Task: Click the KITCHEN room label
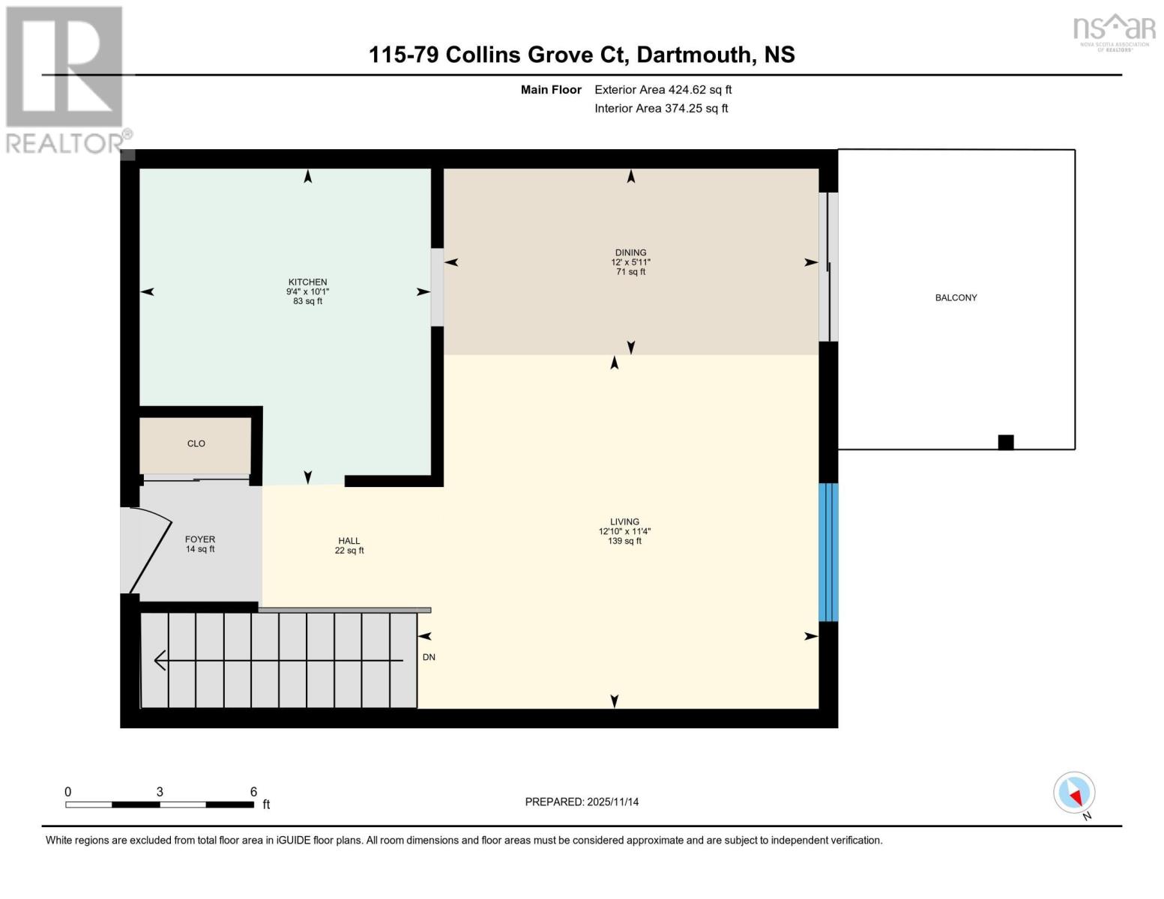coord(307,282)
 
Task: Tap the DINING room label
coord(630,253)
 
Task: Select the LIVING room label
coord(624,522)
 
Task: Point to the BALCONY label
coord(956,297)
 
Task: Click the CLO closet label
coord(196,444)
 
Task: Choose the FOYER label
coord(200,539)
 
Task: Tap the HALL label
coord(349,541)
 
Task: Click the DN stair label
coord(429,657)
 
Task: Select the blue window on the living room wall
coord(827,552)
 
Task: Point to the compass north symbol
coord(1075,793)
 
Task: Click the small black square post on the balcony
coord(1006,442)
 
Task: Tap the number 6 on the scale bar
coord(253,792)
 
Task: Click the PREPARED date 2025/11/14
coord(612,802)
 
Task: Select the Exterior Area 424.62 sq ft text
coord(663,90)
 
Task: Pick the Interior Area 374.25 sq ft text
coord(661,109)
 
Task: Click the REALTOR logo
coord(66,79)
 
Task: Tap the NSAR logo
coord(1114,30)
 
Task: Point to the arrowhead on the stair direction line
coord(160,660)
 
